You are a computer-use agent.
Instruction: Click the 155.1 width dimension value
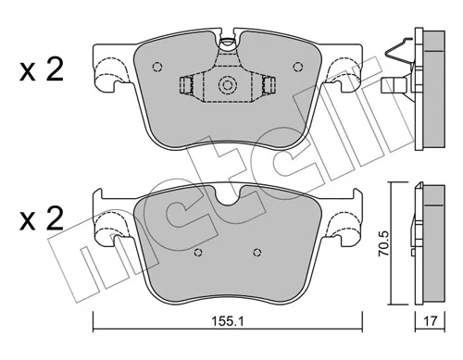(228, 322)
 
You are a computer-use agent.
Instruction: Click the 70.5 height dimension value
(384, 243)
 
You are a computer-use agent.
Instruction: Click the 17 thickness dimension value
(430, 322)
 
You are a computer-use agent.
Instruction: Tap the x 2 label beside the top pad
(41, 69)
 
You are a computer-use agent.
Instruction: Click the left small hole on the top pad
(157, 67)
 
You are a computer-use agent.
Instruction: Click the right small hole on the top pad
(298, 67)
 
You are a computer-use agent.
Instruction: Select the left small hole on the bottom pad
(198, 253)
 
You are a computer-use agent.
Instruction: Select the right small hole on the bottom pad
(257, 253)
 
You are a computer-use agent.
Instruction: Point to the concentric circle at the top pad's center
(228, 85)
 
